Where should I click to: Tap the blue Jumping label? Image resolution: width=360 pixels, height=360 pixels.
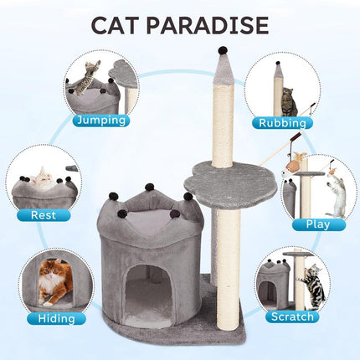101,121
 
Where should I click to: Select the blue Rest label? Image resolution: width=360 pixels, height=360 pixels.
44,215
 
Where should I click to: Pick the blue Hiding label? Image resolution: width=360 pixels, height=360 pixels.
57,319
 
